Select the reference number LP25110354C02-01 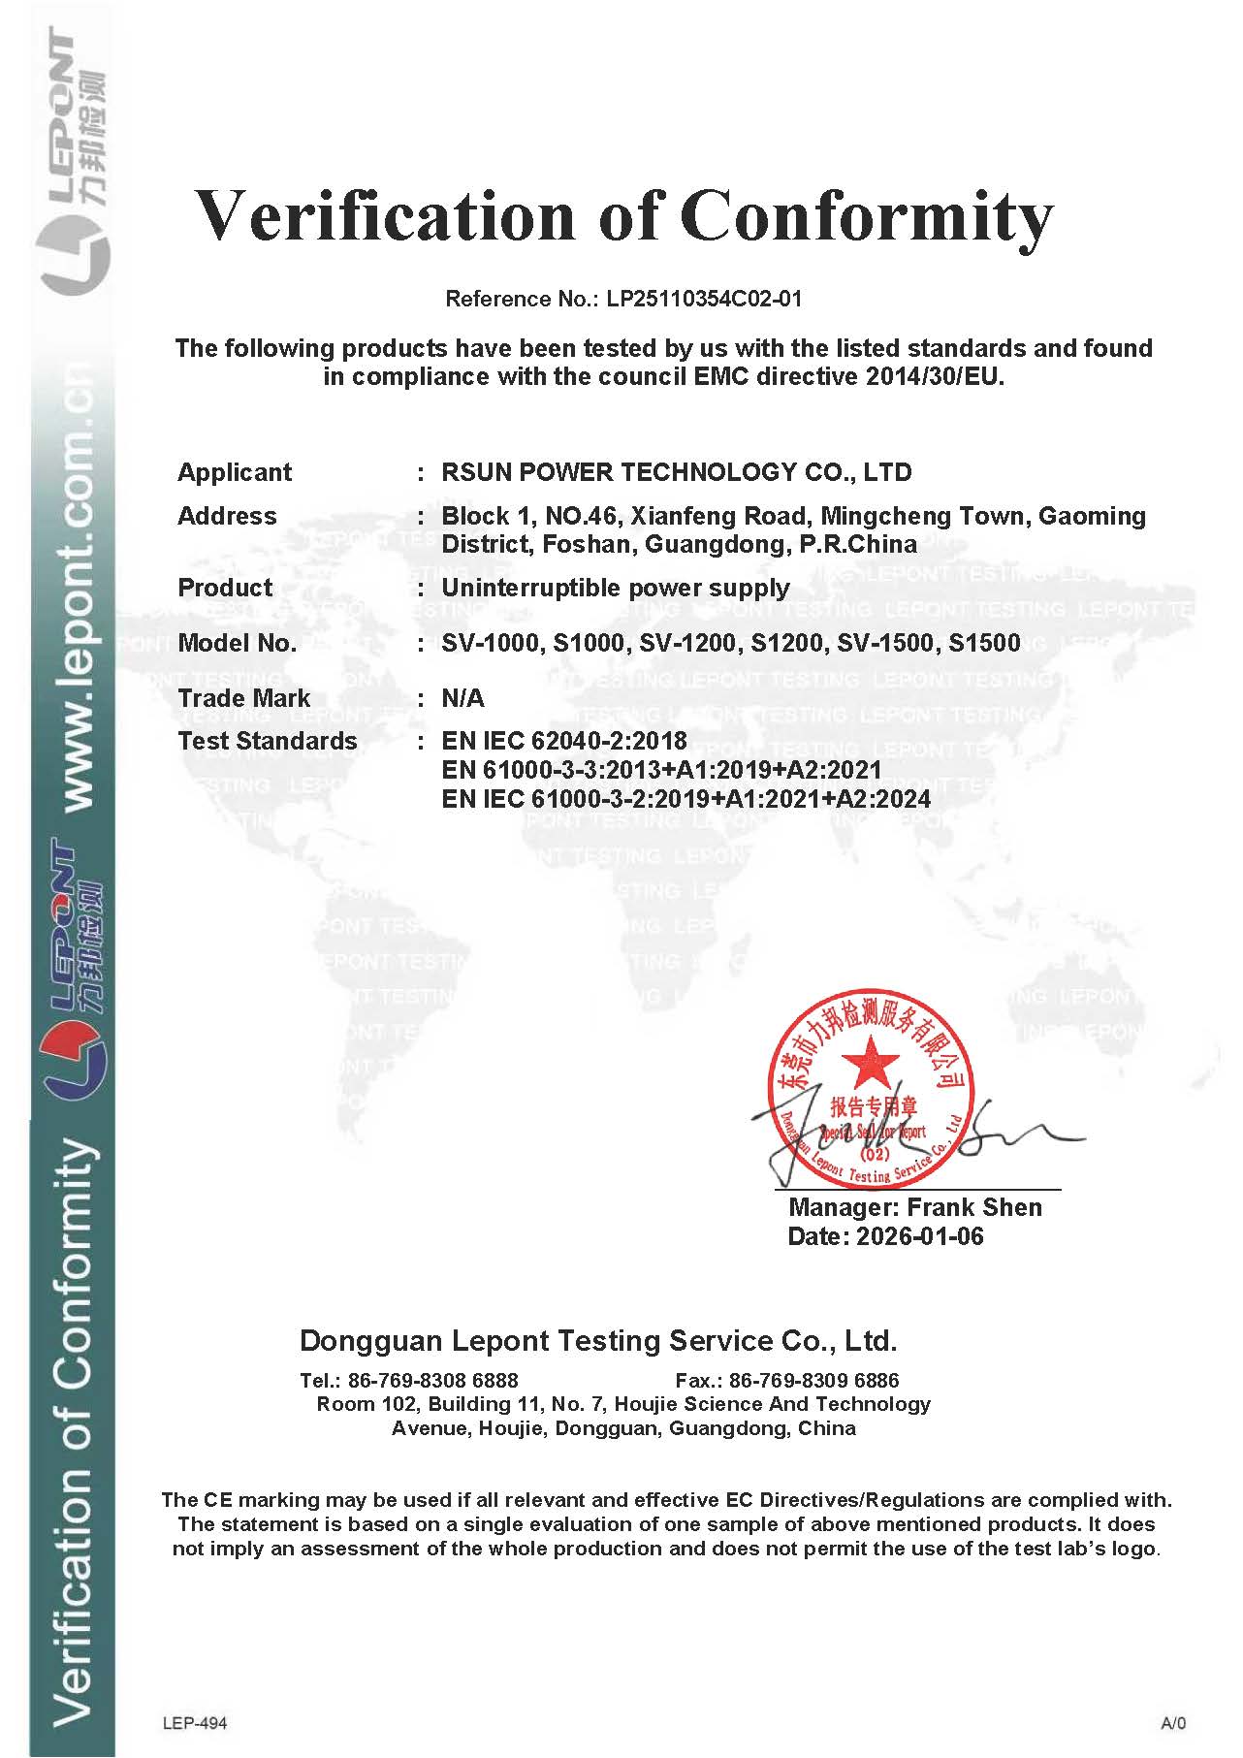point(705,299)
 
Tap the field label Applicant point(235,472)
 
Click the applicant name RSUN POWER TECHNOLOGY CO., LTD point(677,472)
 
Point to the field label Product point(225,588)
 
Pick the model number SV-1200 point(684,643)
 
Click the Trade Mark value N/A point(462,698)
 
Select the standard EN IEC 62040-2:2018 point(564,741)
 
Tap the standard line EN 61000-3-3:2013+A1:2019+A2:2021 point(661,770)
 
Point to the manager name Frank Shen point(974,1207)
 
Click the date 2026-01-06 point(919,1236)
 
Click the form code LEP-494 point(195,1722)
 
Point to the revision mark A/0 point(1172,1723)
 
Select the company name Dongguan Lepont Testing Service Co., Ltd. point(598,1341)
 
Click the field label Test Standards point(268,741)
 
